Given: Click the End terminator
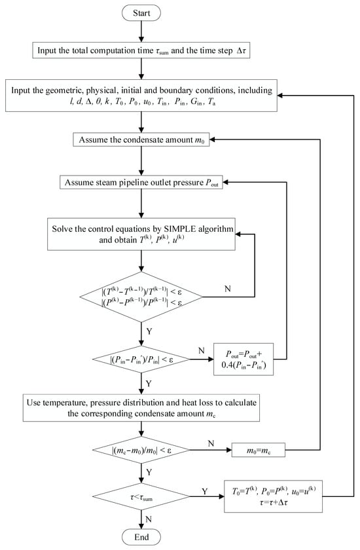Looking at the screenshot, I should [141, 537].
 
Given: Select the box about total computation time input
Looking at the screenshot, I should [141, 50].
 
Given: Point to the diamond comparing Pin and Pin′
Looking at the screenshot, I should [141, 359].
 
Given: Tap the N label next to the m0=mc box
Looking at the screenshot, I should [209, 444].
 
